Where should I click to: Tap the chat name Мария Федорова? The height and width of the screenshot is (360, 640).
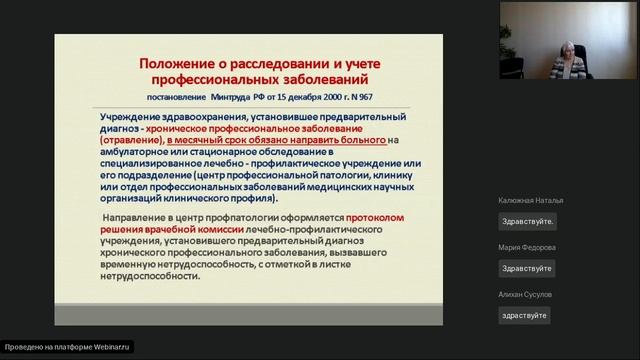tap(526, 248)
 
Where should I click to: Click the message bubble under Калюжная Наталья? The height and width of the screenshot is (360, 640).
tap(527, 221)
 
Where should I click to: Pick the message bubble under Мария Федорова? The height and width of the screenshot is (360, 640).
tap(526, 268)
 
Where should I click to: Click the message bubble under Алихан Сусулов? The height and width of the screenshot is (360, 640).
tap(525, 315)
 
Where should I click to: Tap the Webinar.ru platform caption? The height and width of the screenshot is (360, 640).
tap(68, 347)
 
